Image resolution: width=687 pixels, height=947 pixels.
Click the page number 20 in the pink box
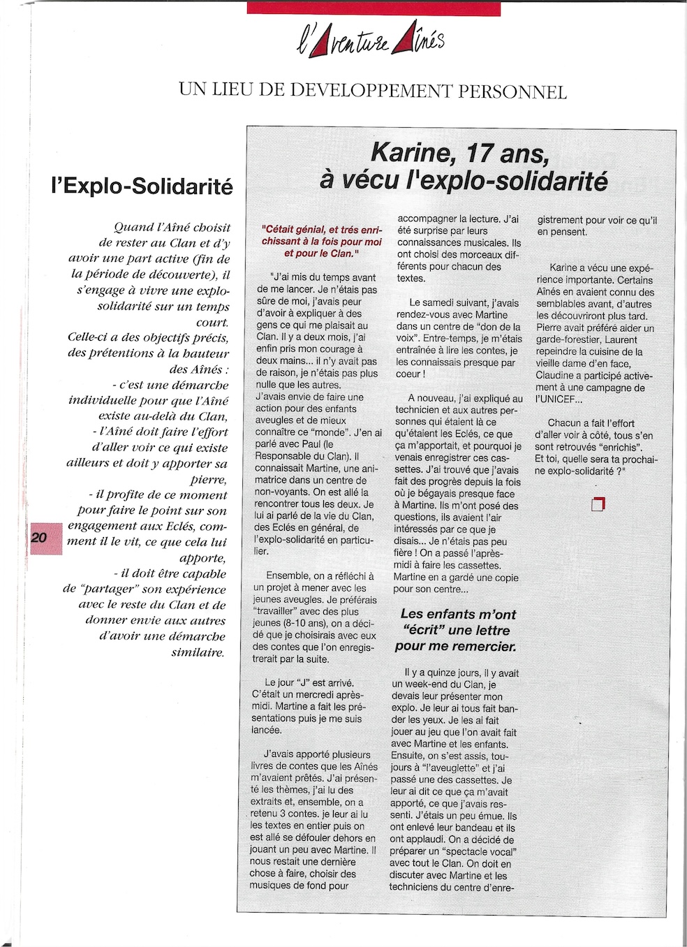click(38, 538)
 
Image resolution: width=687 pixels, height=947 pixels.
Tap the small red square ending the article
click(597, 504)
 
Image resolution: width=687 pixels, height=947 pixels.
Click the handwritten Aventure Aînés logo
click(370, 43)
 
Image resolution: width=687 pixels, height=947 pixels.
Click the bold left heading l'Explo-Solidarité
click(142, 187)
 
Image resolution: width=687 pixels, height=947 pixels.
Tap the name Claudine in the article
click(556, 375)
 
